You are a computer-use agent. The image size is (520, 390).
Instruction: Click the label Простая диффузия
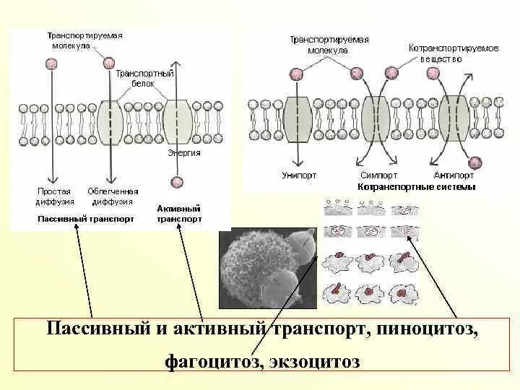pos(54,196)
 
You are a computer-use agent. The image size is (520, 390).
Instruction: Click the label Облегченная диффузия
pos(113,196)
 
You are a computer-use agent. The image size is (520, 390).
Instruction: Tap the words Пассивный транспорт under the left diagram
pos(85,219)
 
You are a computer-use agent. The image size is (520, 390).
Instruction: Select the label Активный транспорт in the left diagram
pos(179,213)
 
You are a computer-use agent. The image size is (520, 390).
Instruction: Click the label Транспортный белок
pos(144,78)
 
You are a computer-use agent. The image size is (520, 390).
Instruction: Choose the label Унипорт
pos(298,175)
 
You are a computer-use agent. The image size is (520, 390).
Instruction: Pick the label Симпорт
pos(378,175)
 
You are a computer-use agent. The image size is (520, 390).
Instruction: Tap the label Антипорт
pos(454,175)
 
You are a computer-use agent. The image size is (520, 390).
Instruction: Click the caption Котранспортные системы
pos(417,186)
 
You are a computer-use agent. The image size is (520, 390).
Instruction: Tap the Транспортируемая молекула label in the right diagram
pos(329,45)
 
